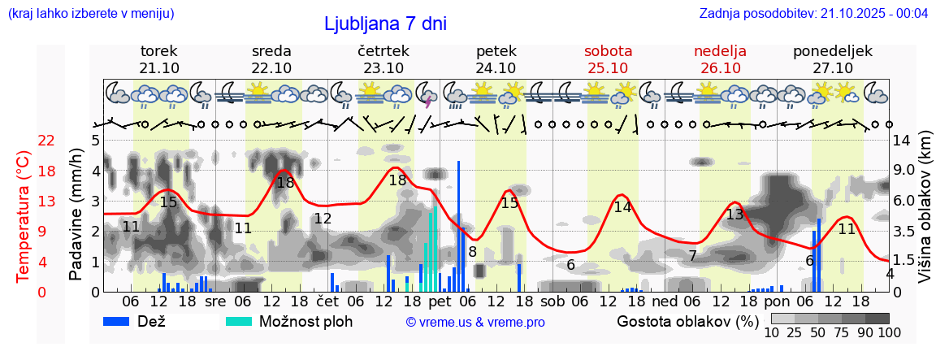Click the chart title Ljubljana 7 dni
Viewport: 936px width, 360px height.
[385, 24]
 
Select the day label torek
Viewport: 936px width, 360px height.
[159, 50]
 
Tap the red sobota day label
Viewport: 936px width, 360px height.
[608, 50]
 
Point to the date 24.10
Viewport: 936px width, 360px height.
[496, 68]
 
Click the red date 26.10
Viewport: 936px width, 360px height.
[720, 68]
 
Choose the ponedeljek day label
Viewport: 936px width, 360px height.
[833, 50]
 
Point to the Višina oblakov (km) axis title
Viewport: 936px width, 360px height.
[925, 216]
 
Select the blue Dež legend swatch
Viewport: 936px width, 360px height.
[123, 321]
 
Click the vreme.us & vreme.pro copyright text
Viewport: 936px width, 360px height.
[475, 322]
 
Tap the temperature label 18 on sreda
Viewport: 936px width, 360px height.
[285, 183]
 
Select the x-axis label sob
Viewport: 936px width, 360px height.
[552, 301]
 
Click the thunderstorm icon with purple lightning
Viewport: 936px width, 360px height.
[427, 95]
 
